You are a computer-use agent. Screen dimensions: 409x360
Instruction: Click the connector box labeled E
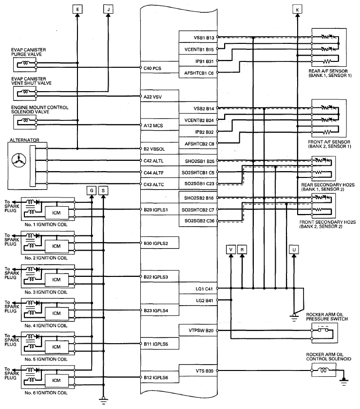click(78, 8)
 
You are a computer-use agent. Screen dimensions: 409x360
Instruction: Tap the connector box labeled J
click(108, 8)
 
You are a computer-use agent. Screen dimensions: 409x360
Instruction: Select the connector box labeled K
click(298, 8)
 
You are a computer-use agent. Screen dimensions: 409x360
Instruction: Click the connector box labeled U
click(293, 249)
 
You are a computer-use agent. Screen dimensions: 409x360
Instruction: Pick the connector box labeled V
click(231, 249)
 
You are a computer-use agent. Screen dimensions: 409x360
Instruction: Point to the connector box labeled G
click(92, 190)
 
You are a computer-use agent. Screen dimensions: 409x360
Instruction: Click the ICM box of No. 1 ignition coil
click(56, 212)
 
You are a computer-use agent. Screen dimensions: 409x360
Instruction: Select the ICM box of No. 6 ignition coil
click(56, 380)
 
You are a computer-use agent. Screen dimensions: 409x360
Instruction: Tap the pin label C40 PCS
click(152, 68)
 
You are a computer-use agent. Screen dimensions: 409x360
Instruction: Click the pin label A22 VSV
click(152, 97)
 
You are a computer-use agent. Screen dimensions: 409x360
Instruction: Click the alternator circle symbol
click(19, 159)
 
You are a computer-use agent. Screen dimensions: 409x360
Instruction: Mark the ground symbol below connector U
click(293, 317)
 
